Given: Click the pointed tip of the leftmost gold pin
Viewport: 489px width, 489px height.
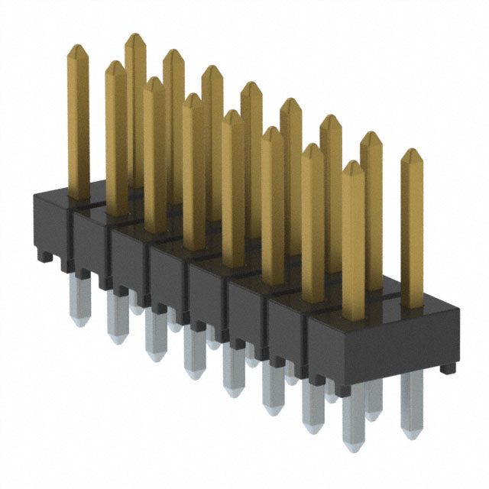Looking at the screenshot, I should (77, 48).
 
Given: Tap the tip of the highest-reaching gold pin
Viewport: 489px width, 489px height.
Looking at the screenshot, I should (135, 37).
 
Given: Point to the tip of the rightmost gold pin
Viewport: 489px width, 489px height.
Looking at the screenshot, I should (412, 152).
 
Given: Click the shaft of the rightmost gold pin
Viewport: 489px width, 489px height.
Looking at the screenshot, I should (412, 229).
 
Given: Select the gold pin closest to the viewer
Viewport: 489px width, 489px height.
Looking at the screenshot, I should (353, 244).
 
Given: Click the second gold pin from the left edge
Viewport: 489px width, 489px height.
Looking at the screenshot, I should (115, 138).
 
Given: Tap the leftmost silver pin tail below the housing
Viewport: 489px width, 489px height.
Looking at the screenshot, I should (80, 298).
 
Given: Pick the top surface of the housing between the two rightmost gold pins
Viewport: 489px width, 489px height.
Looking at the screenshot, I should (382, 306).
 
